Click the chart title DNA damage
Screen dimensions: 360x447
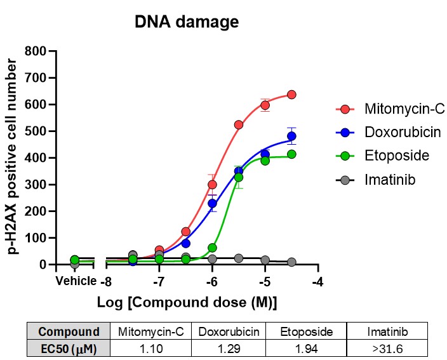tap(186, 22)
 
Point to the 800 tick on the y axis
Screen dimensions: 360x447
tap(38, 51)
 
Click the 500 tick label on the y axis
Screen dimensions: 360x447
tap(38, 131)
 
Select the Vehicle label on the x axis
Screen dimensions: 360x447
tap(76, 281)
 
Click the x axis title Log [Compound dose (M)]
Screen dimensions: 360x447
tap(187, 301)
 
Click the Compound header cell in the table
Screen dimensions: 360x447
tap(69, 331)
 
